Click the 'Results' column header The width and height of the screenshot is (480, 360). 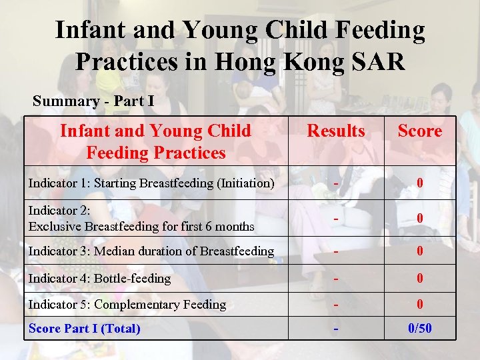pos(336,131)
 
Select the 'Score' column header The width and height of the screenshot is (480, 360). pos(419,131)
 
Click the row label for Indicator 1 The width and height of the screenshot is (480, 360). pos(151,183)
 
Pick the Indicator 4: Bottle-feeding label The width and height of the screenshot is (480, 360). pos(99,279)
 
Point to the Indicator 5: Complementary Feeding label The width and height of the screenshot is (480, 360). pos(127,305)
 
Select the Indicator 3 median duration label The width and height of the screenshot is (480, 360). pos(151,251)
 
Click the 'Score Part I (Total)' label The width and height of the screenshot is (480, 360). pos(85,329)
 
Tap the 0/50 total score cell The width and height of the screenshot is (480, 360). pos(419,329)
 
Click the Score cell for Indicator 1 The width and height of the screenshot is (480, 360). pos(419,183)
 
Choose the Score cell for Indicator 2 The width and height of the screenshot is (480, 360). pos(419,218)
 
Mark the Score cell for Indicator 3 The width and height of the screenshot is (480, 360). pos(419,251)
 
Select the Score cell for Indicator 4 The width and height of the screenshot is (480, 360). pos(419,279)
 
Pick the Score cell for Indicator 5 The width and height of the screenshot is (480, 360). pos(419,305)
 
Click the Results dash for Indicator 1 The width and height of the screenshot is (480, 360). pos(337,182)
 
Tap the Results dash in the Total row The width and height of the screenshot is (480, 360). pos(337,329)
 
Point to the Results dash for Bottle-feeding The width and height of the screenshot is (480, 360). pos(337,278)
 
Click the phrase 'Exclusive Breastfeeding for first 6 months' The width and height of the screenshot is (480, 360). pos(141,227)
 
